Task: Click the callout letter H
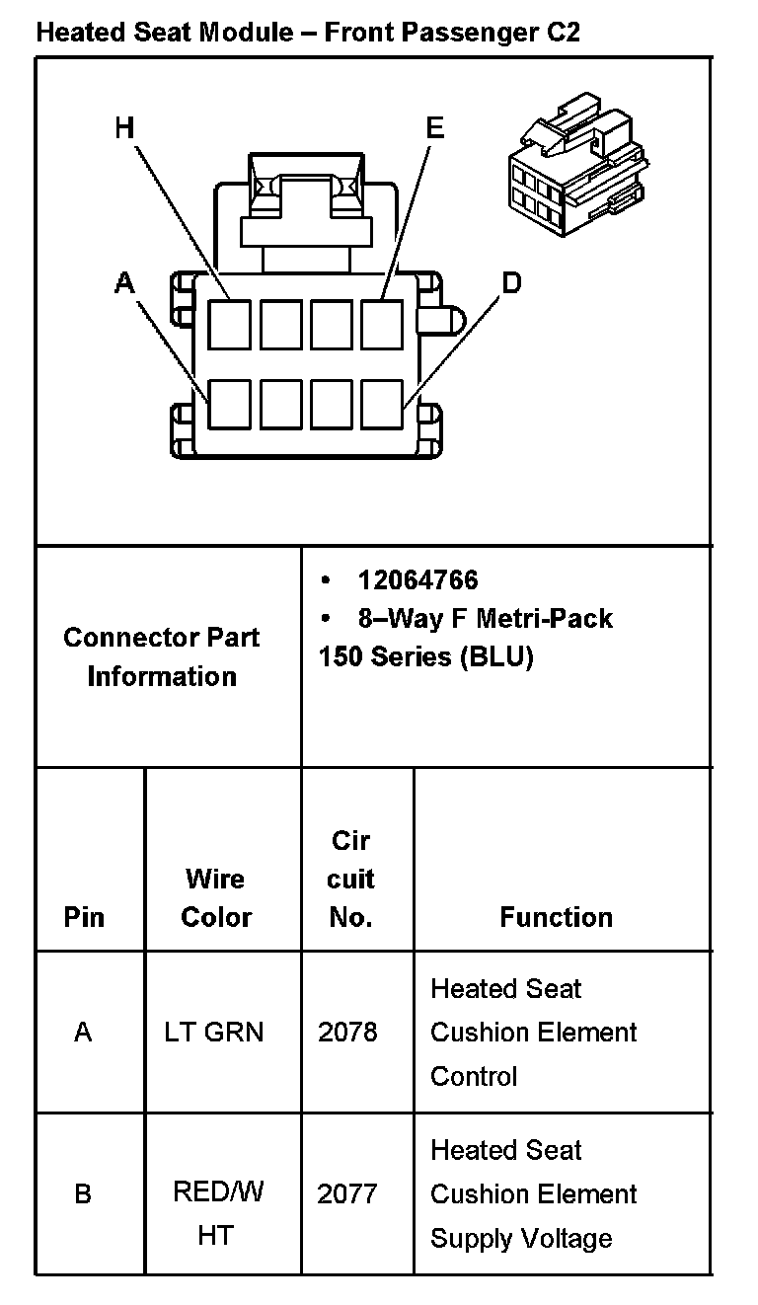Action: tap(123, 127)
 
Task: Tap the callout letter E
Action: tap(434, 127)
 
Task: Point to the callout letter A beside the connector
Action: tap(123, 283)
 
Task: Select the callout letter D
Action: tap(511, 283)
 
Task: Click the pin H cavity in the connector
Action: tap(230, 324)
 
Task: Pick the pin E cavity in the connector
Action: tap(382, 324)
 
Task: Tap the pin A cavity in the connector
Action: tap(230, 404)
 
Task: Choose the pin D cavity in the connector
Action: tap(382, 404)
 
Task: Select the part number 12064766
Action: tap(417, 580)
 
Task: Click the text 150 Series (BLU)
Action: tap(425, 657)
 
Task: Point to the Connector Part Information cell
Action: tap(162, 656)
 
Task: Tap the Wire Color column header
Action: tap(216, 897)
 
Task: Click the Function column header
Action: tap(556, 917)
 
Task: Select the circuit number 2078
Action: tap(347, 1033)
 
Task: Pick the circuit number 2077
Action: tap(347, 1194)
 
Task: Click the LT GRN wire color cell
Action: tap(214, 1033)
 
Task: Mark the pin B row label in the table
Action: tap(83, 1194)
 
